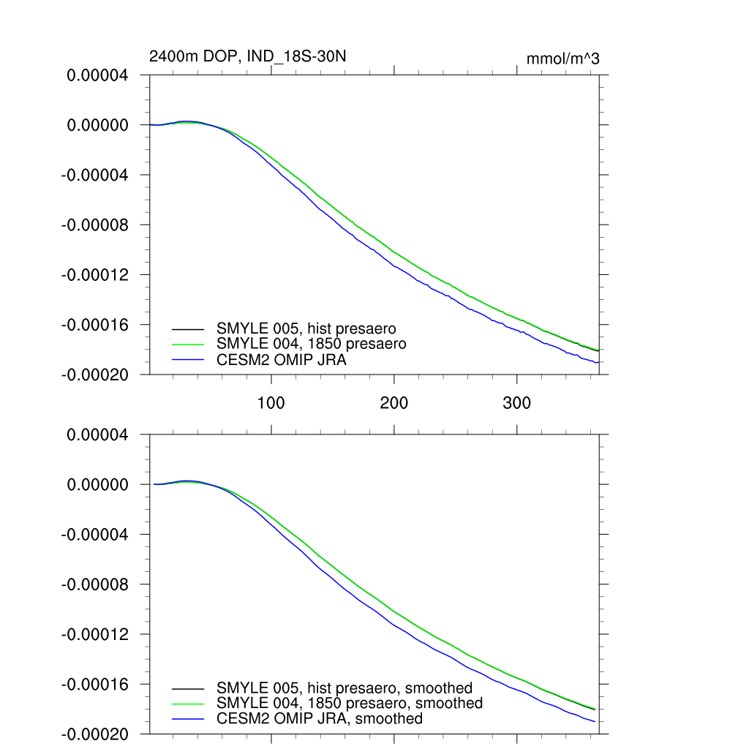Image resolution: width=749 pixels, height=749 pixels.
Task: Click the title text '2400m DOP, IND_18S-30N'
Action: point(242,57)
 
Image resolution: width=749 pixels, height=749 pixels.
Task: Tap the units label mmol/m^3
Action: point(562,59)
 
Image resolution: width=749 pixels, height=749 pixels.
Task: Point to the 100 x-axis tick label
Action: point(271,402)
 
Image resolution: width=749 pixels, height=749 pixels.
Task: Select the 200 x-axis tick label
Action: point(394,402)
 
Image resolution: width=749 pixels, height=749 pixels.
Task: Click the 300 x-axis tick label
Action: point(517,402)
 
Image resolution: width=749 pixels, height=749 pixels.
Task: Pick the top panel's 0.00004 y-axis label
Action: point(97,75)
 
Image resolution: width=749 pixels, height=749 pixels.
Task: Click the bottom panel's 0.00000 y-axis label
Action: point(97,484)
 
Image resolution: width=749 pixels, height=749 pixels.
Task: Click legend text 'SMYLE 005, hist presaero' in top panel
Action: point(306,328)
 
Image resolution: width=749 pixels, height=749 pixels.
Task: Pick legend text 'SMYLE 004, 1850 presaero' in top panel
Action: point(311,343)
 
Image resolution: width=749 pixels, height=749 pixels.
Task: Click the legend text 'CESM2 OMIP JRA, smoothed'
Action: point(319,718)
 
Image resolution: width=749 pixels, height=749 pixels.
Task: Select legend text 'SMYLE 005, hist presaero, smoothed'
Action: point(344,688)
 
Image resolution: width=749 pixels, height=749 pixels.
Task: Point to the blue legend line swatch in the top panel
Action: point(188,360)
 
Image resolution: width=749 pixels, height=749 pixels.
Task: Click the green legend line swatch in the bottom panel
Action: point(188,704)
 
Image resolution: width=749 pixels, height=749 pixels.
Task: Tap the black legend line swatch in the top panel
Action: point(188,328)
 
